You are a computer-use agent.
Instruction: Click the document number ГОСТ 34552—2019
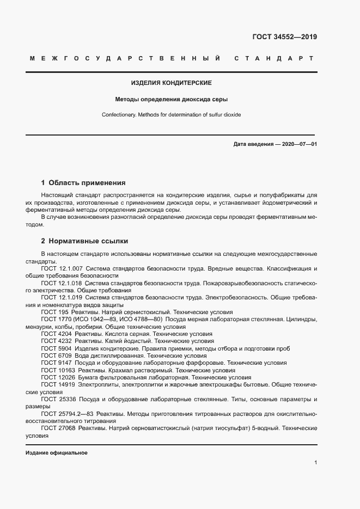284,37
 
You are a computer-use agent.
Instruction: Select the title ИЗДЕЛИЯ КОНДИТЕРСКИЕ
171,83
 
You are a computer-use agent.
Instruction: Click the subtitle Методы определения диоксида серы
171,100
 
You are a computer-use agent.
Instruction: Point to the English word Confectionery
119,115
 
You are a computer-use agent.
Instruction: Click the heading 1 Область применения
83,183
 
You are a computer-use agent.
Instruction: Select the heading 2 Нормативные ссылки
84,240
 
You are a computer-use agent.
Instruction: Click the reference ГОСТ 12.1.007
62,269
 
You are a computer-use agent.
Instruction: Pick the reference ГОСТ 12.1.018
62,284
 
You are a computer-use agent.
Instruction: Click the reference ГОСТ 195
53,312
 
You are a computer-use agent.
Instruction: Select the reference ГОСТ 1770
54,320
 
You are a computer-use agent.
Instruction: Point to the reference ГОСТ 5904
56,348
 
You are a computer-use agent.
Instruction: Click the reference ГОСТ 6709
56,355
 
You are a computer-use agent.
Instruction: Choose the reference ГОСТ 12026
57,377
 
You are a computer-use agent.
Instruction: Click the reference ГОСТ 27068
57,429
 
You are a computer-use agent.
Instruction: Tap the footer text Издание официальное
56,453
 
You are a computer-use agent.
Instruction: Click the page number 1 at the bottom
316,463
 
